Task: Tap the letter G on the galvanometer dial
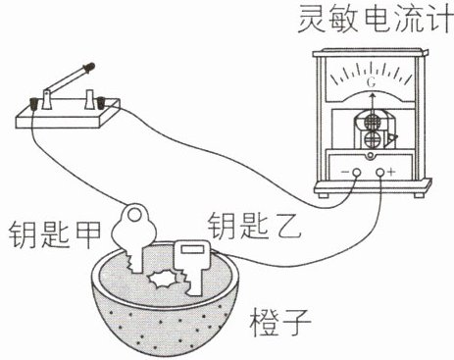372,82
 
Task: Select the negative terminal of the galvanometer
356,172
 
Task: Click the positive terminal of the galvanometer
379,172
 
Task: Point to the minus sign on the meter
345,172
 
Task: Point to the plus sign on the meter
391,172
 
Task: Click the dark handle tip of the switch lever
89,67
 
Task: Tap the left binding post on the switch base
34,104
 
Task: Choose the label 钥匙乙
254,227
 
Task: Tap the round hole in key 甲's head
134,215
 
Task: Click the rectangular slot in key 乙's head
190,250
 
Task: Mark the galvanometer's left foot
324,194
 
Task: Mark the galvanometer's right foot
419,194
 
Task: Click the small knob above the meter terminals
370,155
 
